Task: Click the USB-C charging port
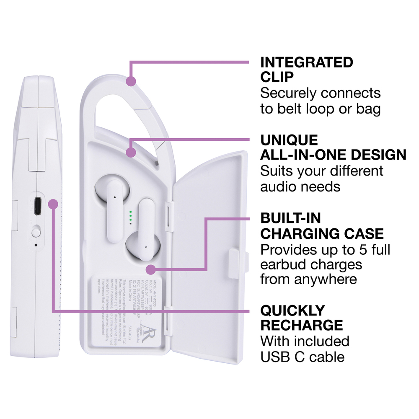37,206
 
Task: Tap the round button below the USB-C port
36,230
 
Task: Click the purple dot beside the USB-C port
53,204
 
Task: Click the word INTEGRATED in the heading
306,63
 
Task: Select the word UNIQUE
289,140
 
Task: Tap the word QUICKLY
292,310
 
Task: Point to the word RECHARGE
301,325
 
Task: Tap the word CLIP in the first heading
277,78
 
